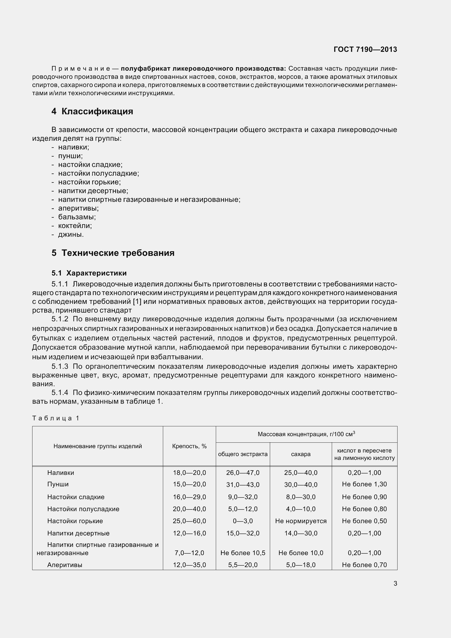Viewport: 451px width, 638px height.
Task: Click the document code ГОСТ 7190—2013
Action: pyautogui.click(x=365, y=49)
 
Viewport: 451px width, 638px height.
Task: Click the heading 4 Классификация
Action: pyautogui.click(x=92, y=112)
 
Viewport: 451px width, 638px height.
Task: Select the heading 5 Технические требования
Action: pyautogui.click(x=113, y=253)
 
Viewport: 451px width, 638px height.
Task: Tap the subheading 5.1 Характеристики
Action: pyautogui.click(x=89, y=273)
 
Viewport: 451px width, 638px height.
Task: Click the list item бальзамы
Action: pyautogui.click(x=77, y=217)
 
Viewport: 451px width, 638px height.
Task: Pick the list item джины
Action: pyautogui.click(x=71, y=234)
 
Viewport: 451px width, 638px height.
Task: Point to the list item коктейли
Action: pyautogui.click(x=75, y=225)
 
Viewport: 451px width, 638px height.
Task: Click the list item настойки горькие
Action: pyautogui.click(x=89, y=182)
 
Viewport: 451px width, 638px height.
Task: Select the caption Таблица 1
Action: pyautogui.click(x=56, y=418)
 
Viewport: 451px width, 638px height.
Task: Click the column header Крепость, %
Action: pyautogui.click(x=189, y=446)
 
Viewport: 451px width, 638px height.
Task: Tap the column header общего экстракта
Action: pyautogui.click(x=243, y=454)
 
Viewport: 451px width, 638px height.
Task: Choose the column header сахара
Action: pyautogui.click(x=301, y=454)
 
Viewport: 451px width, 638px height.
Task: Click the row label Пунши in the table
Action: pyautogui.click(x=58, y=484)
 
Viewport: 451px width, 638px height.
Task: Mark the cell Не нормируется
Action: pyautogui.click(x=301, y=521)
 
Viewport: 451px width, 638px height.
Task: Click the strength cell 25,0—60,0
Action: pyautogui.click(x=189, y=521)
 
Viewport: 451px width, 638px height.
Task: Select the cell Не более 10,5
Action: pyautogui.click(x=243, y=553)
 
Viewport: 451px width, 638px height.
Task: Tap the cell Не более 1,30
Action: pyautogui.click(x=364, y=484)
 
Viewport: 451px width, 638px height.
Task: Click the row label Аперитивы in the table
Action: pyautogui.click(x=64, y=565)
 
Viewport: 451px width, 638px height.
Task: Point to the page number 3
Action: pyautogui.click(x=395, y=583)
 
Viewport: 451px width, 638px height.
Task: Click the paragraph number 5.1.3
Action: pyautogui.click(x=60, y=367)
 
